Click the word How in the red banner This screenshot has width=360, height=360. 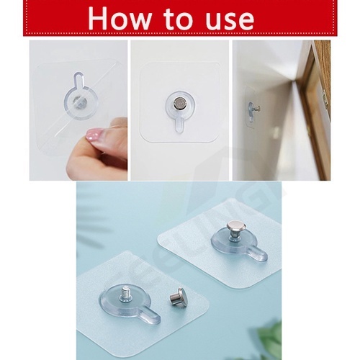120,19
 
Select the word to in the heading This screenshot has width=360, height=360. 179,19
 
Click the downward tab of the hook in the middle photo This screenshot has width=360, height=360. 179,125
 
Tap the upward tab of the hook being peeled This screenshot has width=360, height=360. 78,81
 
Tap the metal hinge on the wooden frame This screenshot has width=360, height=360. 325,99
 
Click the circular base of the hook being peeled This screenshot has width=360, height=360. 81,103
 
